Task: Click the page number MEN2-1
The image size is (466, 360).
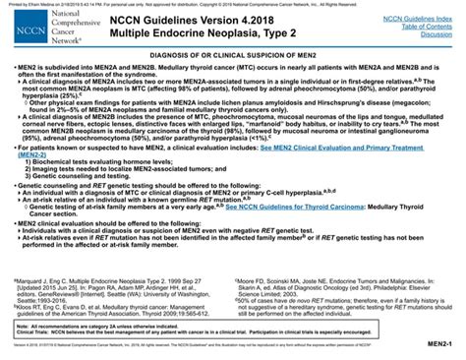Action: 439,347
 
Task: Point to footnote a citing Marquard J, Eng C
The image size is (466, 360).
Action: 118,282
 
